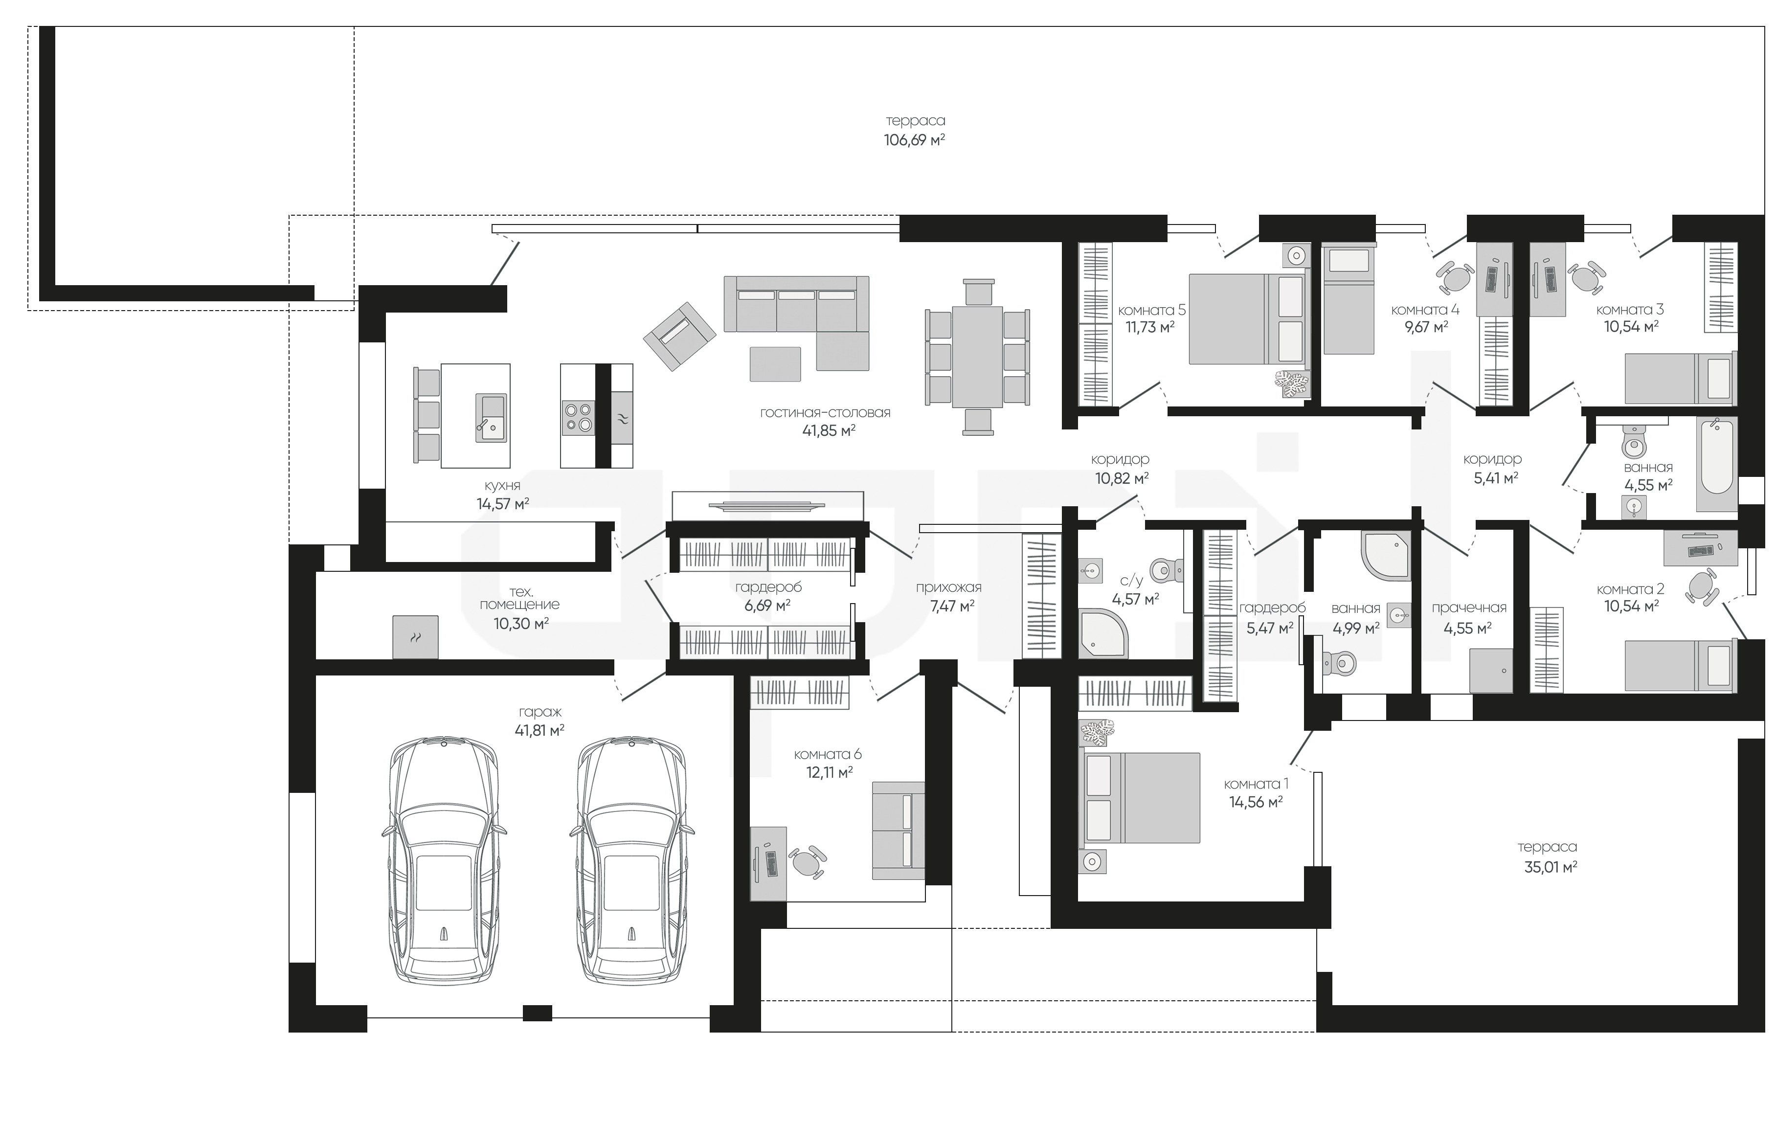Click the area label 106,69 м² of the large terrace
click(915, 139)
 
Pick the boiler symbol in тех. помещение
click(415, 637)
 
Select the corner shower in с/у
click(1103, 633)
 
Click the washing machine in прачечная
click(1490, 670)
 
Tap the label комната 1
click(1256, 784)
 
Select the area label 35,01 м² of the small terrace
click(1551, 867)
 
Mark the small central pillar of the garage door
click(538, 1013)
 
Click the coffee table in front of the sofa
click(775, 364)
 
